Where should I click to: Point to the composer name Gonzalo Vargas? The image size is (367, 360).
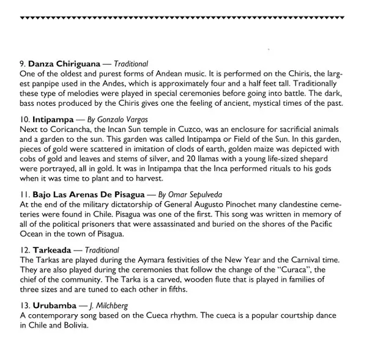[122, 120]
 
